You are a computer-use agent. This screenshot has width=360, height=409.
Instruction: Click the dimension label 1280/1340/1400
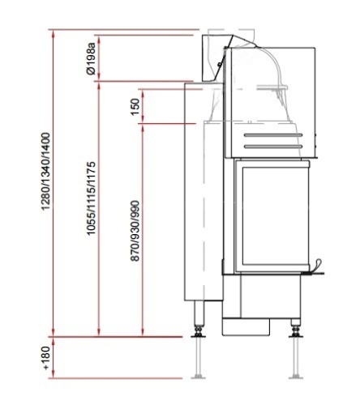[x=46, y=172]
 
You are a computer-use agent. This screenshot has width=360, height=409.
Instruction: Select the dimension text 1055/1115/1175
[x=92, y=198]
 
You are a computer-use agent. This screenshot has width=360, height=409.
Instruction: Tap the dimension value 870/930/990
[x=135, y=231]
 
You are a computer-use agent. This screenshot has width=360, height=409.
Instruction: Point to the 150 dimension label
[x=135, y=107]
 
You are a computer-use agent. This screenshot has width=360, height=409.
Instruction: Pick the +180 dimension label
[x=46, y=358]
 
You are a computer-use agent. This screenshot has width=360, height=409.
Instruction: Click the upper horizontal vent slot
[x=273, y=135]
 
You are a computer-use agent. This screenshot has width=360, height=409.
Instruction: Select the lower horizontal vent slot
[x=273, y=147]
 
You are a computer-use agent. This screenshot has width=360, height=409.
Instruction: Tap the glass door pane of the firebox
[x=275, y=216]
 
